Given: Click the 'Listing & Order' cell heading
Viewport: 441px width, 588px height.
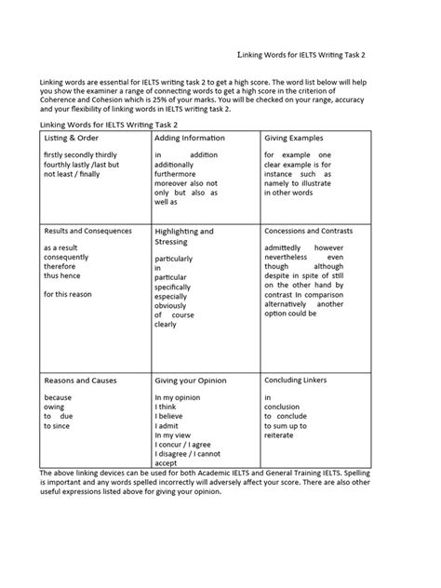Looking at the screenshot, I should tap(73, 138).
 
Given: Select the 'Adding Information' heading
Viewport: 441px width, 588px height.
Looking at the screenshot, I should tap(190, 138).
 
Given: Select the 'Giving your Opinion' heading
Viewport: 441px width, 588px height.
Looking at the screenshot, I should tap(194, 381).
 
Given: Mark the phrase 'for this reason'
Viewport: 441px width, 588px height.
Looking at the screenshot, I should tap(69, 293).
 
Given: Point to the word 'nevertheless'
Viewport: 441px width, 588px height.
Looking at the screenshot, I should tap(291, 258).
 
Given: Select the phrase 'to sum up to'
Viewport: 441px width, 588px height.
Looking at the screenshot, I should tap(285, 425).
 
